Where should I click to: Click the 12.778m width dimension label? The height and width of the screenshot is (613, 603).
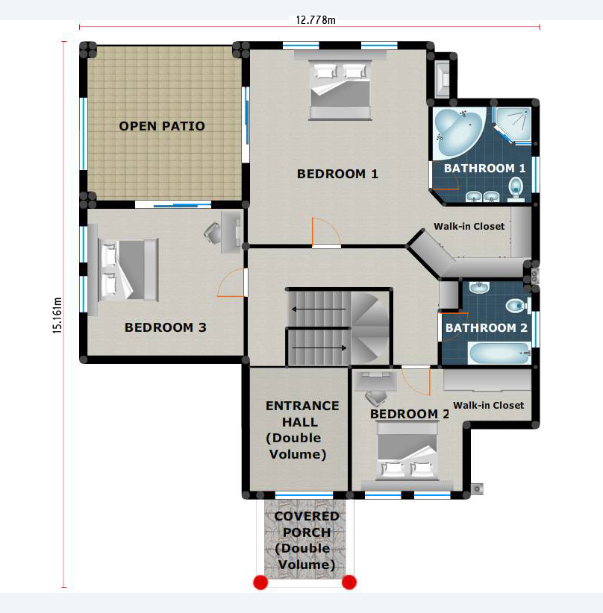(316, 20)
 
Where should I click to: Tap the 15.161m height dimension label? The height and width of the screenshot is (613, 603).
(57, 315)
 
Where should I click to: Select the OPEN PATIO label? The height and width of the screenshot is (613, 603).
(162, 126)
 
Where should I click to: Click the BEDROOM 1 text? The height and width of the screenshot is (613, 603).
(338, 174)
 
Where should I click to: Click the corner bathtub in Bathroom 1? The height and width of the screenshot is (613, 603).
(458, 131)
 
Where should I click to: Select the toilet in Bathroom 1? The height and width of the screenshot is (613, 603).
(516, 189)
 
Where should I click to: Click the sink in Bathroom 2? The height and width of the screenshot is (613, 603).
(479, 287)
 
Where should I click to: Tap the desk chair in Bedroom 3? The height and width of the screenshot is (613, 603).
(213, 232)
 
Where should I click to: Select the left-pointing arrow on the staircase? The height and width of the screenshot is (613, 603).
(319, 309)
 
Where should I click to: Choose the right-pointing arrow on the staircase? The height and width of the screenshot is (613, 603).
(319, 348)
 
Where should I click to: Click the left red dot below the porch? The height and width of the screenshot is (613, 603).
(260, 582)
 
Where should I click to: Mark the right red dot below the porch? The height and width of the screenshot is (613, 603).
(349, 582)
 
